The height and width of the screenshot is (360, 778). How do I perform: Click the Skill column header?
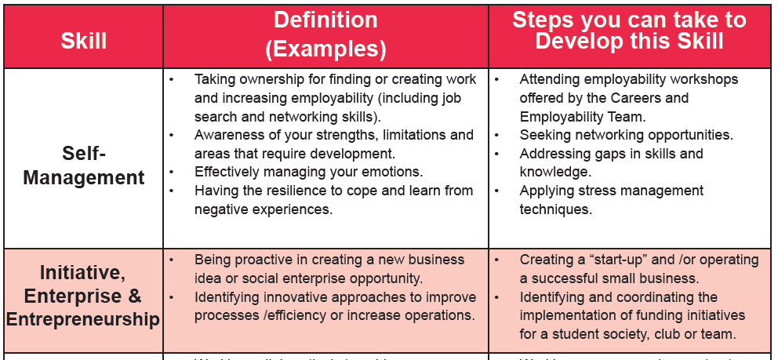(x=83, y=41)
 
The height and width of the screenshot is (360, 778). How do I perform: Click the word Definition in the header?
(x=325, y=20)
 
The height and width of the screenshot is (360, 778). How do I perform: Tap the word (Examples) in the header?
(x=325, y=49)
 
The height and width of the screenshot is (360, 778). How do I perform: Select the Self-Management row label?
(x=83, y=165)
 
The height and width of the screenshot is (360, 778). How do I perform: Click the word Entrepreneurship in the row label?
(x=83, y=319)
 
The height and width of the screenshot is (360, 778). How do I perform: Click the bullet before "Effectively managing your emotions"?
(x=172, y=172)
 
